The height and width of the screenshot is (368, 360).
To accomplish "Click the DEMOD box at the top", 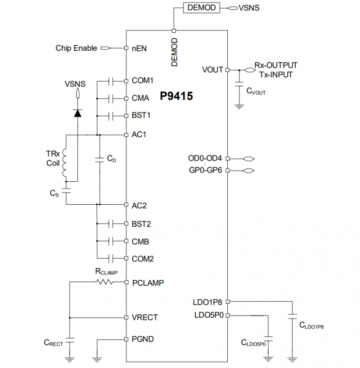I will pyautogui.click(x=202, y=8).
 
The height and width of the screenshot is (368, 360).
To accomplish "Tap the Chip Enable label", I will pyautogui.click(x=76, y=48).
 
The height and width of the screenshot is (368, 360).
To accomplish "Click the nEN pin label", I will pyautogui.click(x=139, y=48).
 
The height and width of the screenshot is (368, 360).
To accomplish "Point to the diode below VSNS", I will pyautogui.click(x=77, y=113).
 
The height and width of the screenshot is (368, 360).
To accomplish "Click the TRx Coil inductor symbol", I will pyautogui.click(x=66, y=163).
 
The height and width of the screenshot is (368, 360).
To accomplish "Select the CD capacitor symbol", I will pyautogui.click(x=99, y=159).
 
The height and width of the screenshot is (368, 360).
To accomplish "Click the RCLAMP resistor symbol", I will pyautogui.click(x=104, y=282).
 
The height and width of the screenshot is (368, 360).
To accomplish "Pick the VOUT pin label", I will pyautogui.click(x=212, y=70).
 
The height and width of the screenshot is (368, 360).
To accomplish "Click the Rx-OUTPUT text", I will pyautogui.click(x=276, y=66).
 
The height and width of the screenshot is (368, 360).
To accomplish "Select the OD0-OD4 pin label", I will pyautogui.click(x=205, y=158).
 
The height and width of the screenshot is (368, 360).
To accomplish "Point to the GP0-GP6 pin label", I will pyautogui.click(x=205, y=171).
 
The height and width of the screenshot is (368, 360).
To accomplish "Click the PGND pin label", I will pyautogui.click(x=143, y=339).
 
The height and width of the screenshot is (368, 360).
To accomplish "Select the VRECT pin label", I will pyautogui.click(x=144, y=317).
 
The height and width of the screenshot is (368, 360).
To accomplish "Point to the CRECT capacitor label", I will pyautogui.click(x=54, y=343).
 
